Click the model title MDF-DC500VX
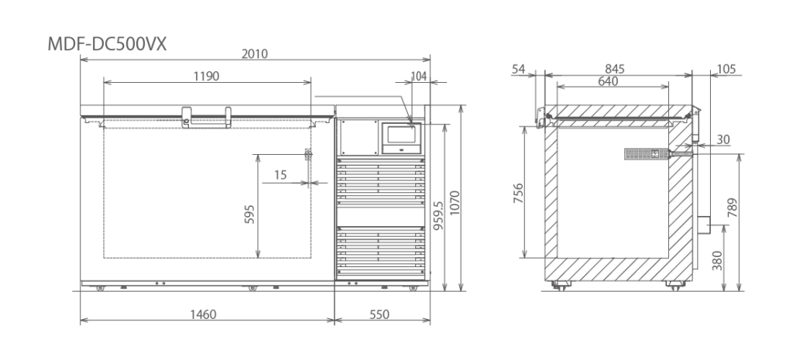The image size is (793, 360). (107, 44)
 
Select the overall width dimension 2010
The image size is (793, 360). (254, 53)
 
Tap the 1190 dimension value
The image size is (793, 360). (206, 77)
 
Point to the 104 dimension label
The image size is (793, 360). (419, 77)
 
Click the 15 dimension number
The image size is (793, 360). (280, 175)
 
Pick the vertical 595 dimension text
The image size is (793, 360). (249, 214)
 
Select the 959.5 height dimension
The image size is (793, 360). (438, 216)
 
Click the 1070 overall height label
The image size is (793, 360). (455, 203)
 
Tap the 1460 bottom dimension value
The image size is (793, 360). (204, 314)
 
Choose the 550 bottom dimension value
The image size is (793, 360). (379, 314)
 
